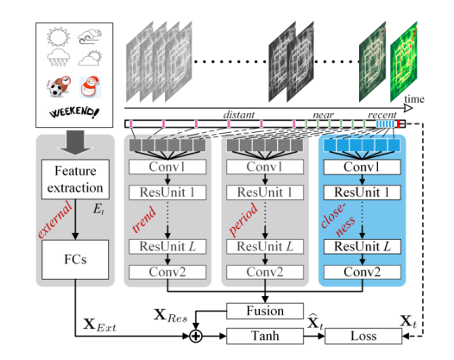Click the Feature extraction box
[73, 179]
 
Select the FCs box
[73, 257]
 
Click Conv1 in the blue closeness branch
[361, 166]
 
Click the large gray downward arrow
[73, 139]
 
